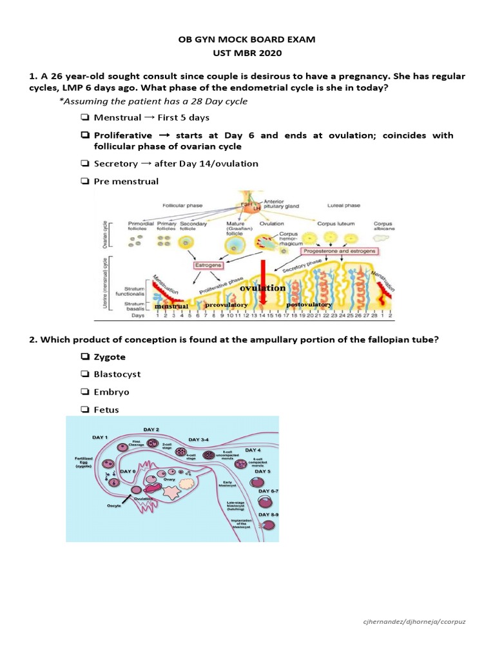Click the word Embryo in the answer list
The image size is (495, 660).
[x=112, y=392]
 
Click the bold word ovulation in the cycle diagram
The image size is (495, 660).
[x=262, y=287]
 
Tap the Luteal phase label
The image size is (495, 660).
[x=344, y=206]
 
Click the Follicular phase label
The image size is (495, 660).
[x=181, y=206]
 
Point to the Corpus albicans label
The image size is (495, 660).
[x=384, y=228]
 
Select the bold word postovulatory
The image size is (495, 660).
[x=309, y=304]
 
